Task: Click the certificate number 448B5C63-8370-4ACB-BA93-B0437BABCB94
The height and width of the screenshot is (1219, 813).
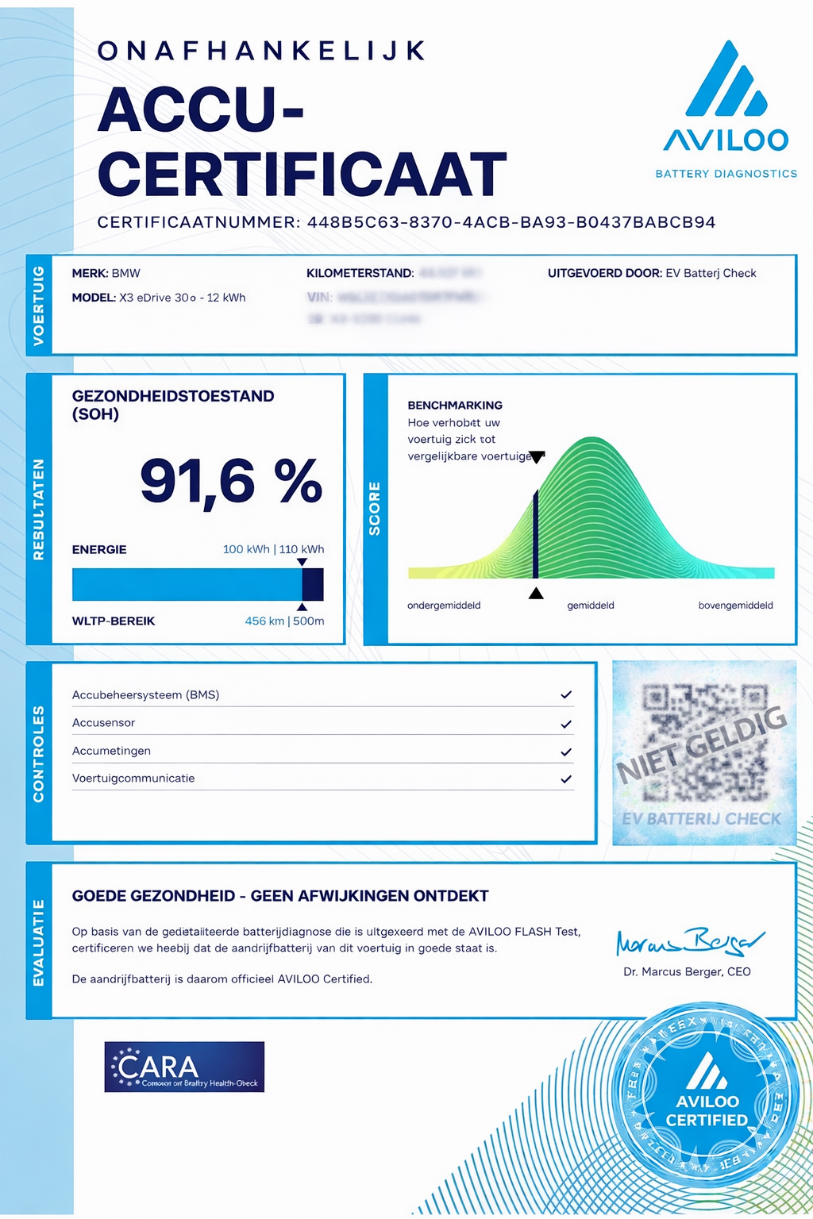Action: [x=511, y=223]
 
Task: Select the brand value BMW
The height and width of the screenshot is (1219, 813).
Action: [x=126, y=274]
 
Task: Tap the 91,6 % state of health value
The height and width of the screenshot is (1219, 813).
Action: [x=231, y=482]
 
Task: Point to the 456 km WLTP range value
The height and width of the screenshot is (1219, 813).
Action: [x=264, y=621]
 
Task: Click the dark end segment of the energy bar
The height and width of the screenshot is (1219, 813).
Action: [x=313, y=584]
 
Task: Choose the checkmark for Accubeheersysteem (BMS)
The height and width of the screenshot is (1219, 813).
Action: [x=566, y=695]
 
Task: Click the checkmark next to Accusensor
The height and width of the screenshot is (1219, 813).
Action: [x=566, y=724]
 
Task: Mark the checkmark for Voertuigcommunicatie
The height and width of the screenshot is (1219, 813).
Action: [x=566, y=779]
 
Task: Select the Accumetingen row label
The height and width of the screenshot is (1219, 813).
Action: [x=111, y=751]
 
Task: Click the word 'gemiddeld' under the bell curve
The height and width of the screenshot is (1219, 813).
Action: [x=591, y=606]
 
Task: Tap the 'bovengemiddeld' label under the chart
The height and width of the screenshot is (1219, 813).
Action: [x=735, y=606]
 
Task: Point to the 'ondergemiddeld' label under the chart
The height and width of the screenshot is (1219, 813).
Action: [x=444, y=606]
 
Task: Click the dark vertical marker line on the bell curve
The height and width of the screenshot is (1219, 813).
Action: [x=536, y=533]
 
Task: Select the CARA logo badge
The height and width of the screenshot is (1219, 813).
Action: [x=184, y=1067]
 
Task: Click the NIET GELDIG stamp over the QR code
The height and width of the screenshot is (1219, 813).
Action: [x=703, y=744]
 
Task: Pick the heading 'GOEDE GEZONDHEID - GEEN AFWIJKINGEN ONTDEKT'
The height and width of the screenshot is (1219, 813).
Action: [x=280, y=896]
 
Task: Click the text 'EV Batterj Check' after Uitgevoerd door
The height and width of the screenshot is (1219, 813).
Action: [x=711, y=274]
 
